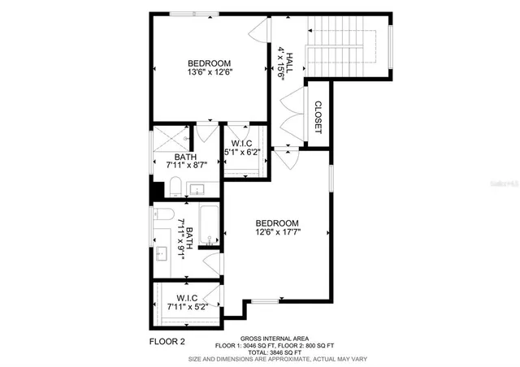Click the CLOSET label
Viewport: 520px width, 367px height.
tap(318, 116)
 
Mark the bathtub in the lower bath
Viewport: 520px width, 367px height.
tap(210, 227)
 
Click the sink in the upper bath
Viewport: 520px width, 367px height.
tap(197, 189)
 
